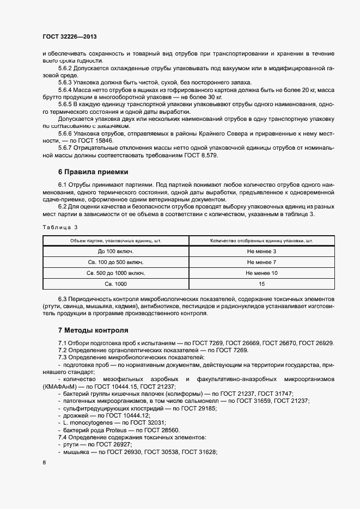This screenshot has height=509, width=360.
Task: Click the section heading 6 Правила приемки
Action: (x=93, y=172)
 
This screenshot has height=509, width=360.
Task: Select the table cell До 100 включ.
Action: (x=115, y=251)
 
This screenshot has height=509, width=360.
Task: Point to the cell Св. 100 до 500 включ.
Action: (x=115, y=262)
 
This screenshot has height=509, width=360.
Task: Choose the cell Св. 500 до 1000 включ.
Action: (x=115, y=273)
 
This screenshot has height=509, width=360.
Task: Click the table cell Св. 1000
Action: (x=115, y=284)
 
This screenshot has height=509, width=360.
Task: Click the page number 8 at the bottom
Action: (x=44, y=463)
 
